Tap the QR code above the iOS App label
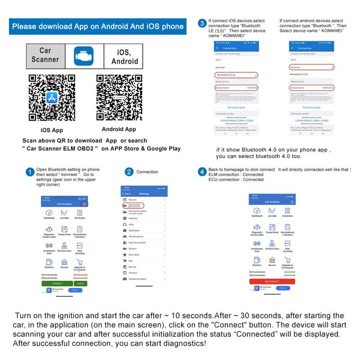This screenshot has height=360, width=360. point(51,97)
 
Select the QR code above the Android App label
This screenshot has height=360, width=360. point(118,97)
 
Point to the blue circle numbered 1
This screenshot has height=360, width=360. point(30,172)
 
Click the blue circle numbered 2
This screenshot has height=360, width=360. point(129,172)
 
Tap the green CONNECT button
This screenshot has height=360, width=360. point(57,283)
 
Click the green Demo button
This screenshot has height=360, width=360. point(81,283)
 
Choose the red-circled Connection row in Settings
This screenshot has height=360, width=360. point(134,205)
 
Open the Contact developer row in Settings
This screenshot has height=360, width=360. point(138,279)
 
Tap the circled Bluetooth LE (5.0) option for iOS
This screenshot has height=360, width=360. point(237,74)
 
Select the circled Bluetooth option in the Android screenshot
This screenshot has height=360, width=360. point(312,67)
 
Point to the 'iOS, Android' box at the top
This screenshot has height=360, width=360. point(121,56)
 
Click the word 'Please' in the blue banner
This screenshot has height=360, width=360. point(25,27)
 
